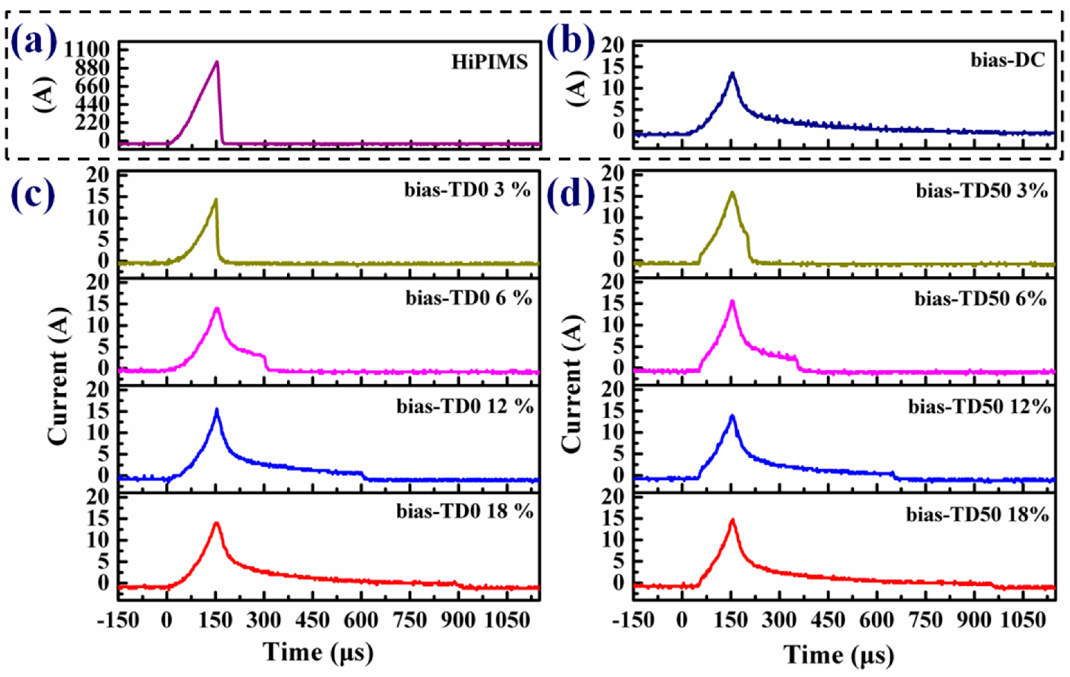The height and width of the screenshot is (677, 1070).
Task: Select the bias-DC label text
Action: point(1007,60)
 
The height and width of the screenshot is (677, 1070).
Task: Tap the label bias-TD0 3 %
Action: point(467,190)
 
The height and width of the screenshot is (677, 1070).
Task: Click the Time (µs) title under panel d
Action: point(838,655)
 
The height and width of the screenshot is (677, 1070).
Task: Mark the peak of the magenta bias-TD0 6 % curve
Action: point(217,308)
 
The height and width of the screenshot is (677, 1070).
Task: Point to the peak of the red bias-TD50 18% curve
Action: point(732,519)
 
